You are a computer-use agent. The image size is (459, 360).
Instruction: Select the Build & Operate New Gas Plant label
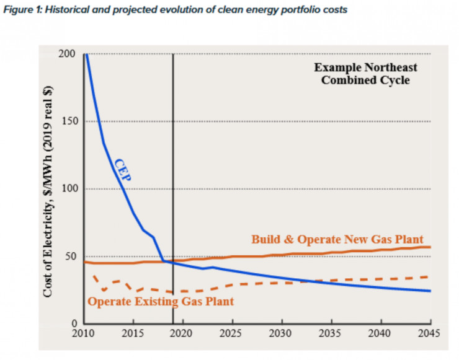coord(337,239)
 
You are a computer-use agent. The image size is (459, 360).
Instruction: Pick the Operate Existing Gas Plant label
coord(161,302)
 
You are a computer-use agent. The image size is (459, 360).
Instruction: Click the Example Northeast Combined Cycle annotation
coord(365,74)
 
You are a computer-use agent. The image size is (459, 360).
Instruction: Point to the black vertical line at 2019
coord(173,155)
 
